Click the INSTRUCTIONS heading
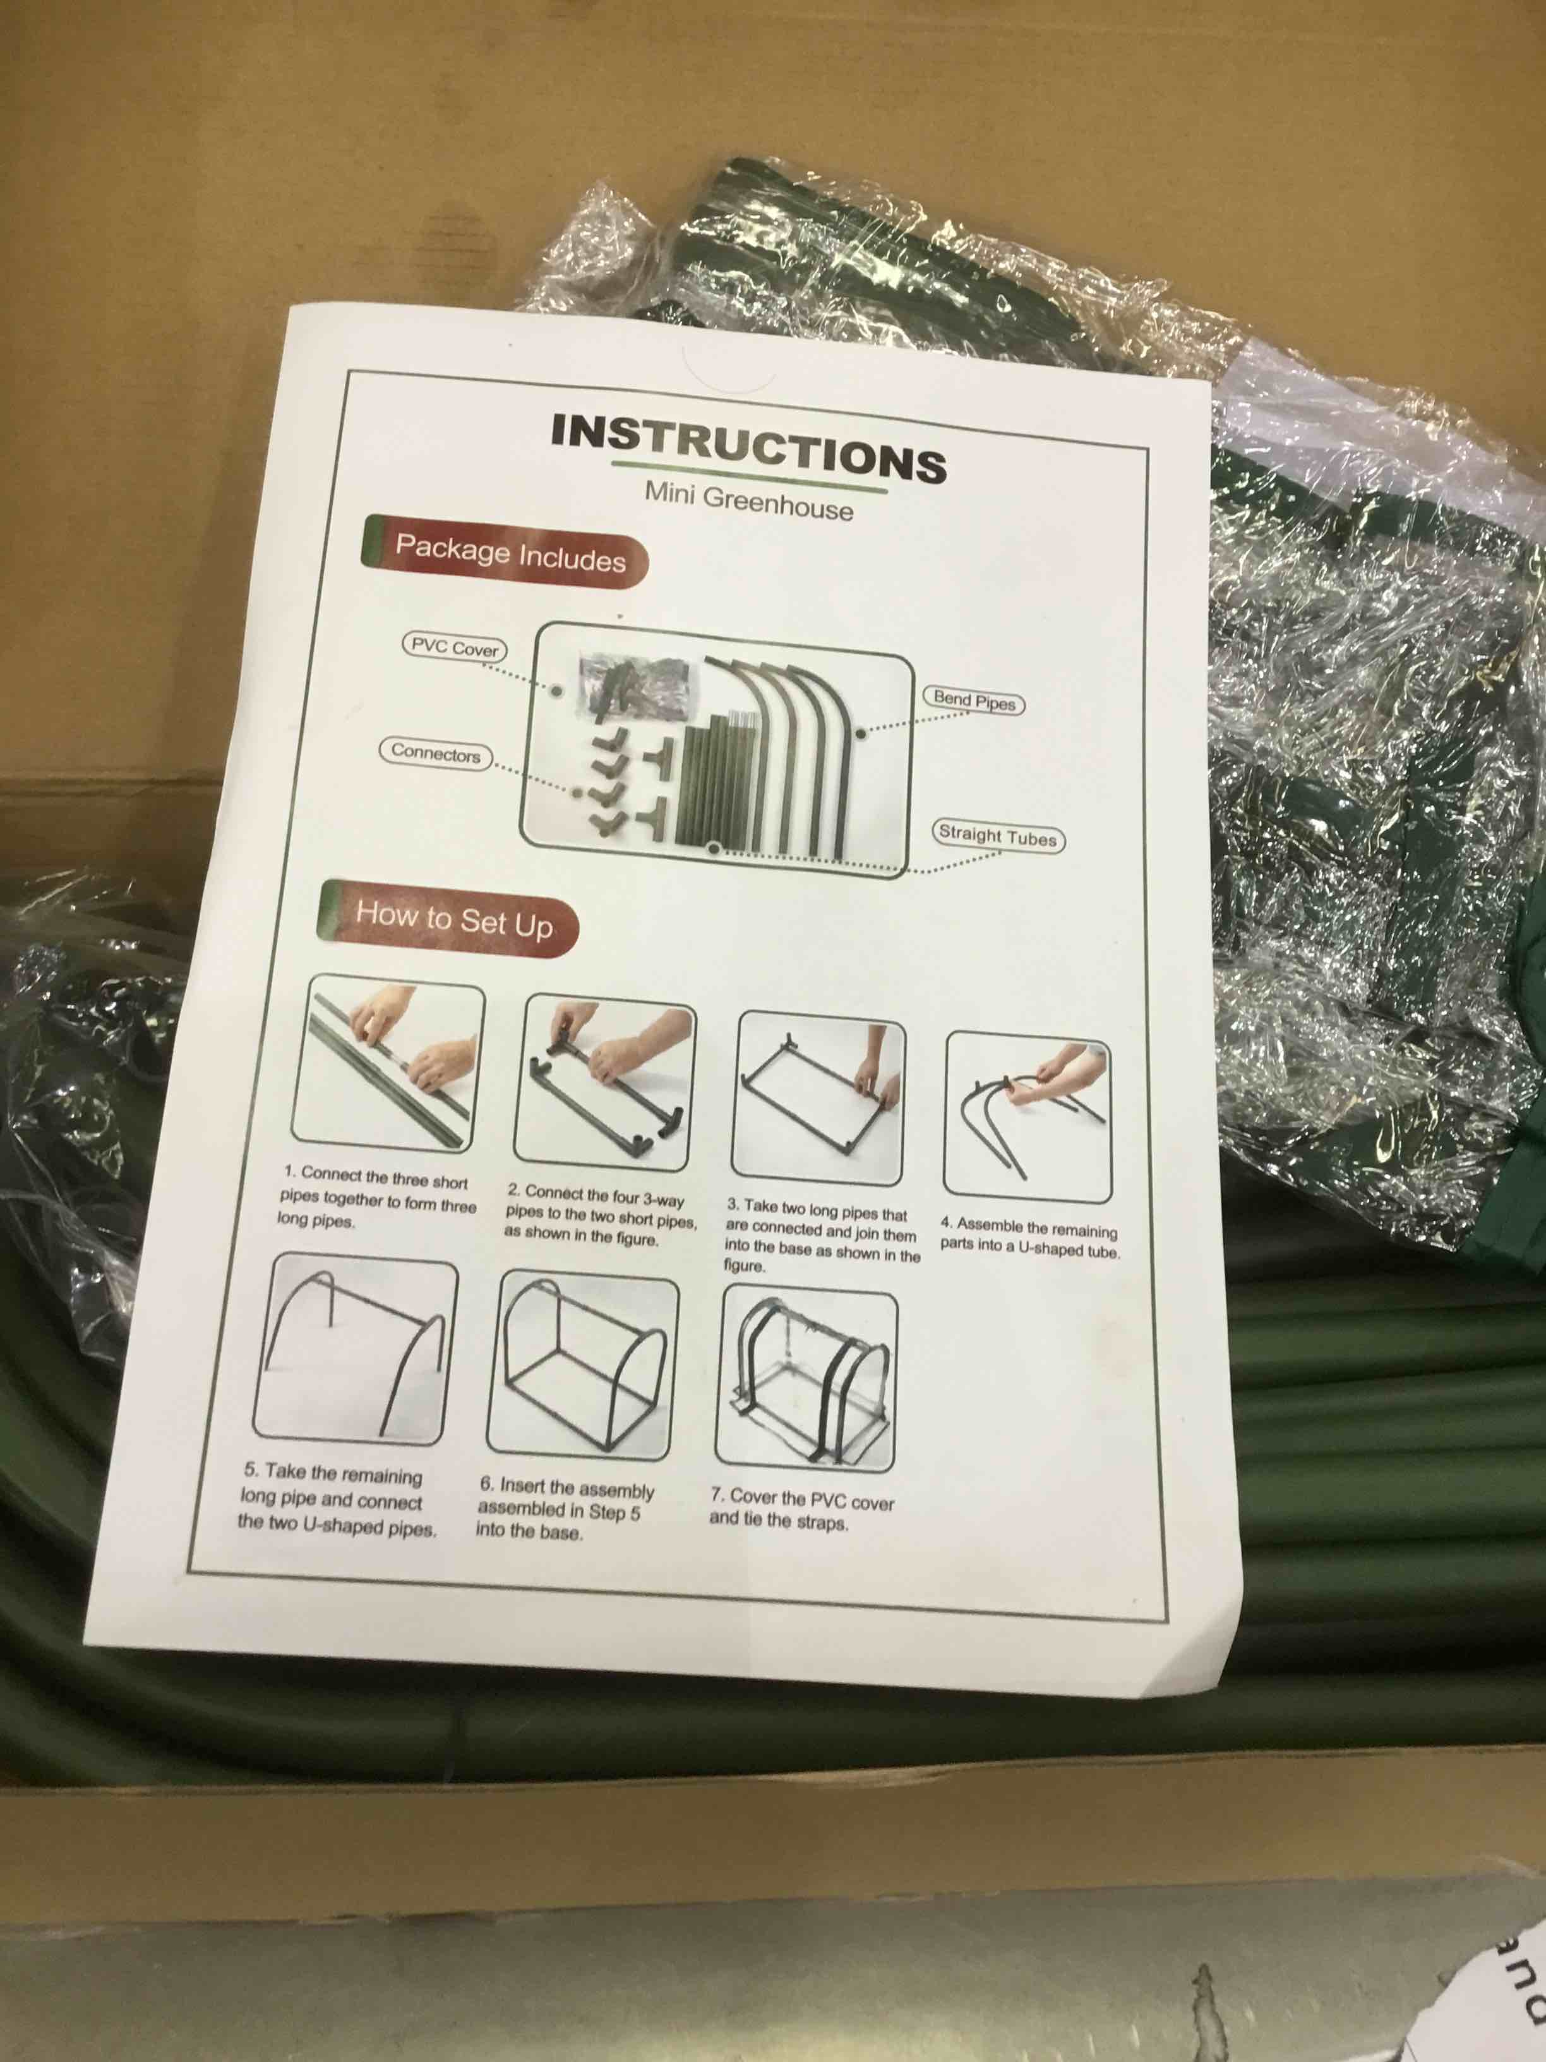click(x=748, y=447)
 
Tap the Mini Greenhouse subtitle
click(x=748, y=502)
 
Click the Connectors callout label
click(x=435, y=752)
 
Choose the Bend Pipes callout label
click(x=973, y=700)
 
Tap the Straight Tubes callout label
click(x=997, y=835)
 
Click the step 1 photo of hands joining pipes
click(x=388, y=1066)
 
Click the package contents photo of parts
click(x=716, y=749)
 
